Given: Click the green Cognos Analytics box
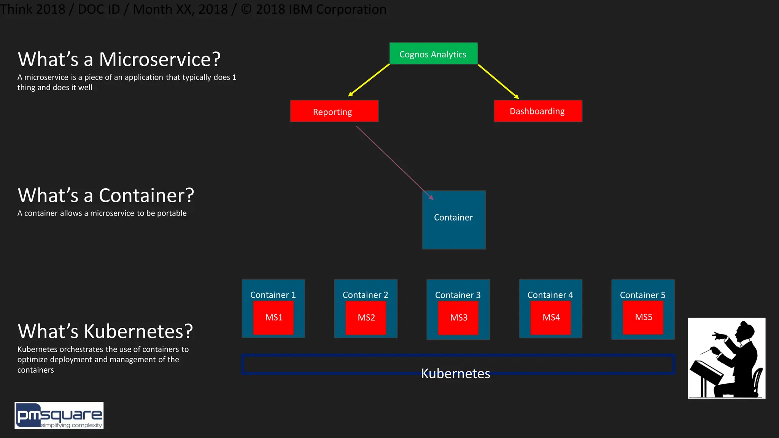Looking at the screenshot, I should click(433, 54).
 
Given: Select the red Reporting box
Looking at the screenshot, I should click(334, 111).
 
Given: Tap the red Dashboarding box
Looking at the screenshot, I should click(537, 111).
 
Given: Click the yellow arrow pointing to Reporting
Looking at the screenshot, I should click(369, 80).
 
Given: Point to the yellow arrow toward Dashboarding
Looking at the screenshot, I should click(498, 81).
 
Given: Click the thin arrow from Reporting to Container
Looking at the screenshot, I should click(394, 162).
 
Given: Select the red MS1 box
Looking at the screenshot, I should click(273, 318).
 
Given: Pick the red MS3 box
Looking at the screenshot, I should click(458, 318).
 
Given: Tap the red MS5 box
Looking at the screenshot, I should click(643, 317).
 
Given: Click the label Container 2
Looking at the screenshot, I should click(365, 295).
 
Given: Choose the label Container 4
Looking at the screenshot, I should click(550, 295).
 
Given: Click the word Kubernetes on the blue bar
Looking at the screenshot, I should click(455, 374).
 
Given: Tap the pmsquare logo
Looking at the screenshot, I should click(59, 416).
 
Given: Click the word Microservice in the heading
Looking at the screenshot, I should click(160, 60).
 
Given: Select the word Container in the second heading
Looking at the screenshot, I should click(146, 196).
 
